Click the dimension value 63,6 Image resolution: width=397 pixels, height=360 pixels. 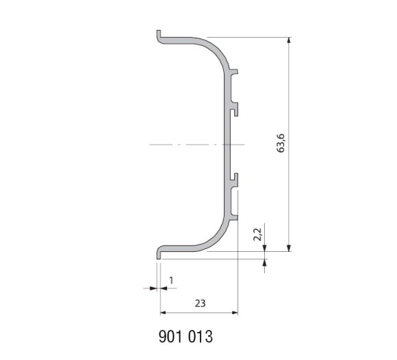(281, 143)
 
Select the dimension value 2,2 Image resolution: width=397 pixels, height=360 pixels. (257, 235)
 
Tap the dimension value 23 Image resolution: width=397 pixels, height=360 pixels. (200, 303)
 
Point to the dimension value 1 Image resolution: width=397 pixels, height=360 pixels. (171, 281)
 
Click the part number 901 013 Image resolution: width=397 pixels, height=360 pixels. (186, 337)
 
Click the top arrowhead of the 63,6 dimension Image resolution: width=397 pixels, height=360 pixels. (289, 40)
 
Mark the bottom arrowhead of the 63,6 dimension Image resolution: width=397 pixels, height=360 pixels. (289, 248)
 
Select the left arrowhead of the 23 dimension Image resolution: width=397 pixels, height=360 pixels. (164, 313)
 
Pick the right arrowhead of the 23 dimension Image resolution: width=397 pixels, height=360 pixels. (235, 313)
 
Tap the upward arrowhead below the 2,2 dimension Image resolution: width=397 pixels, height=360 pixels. (265, 262)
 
